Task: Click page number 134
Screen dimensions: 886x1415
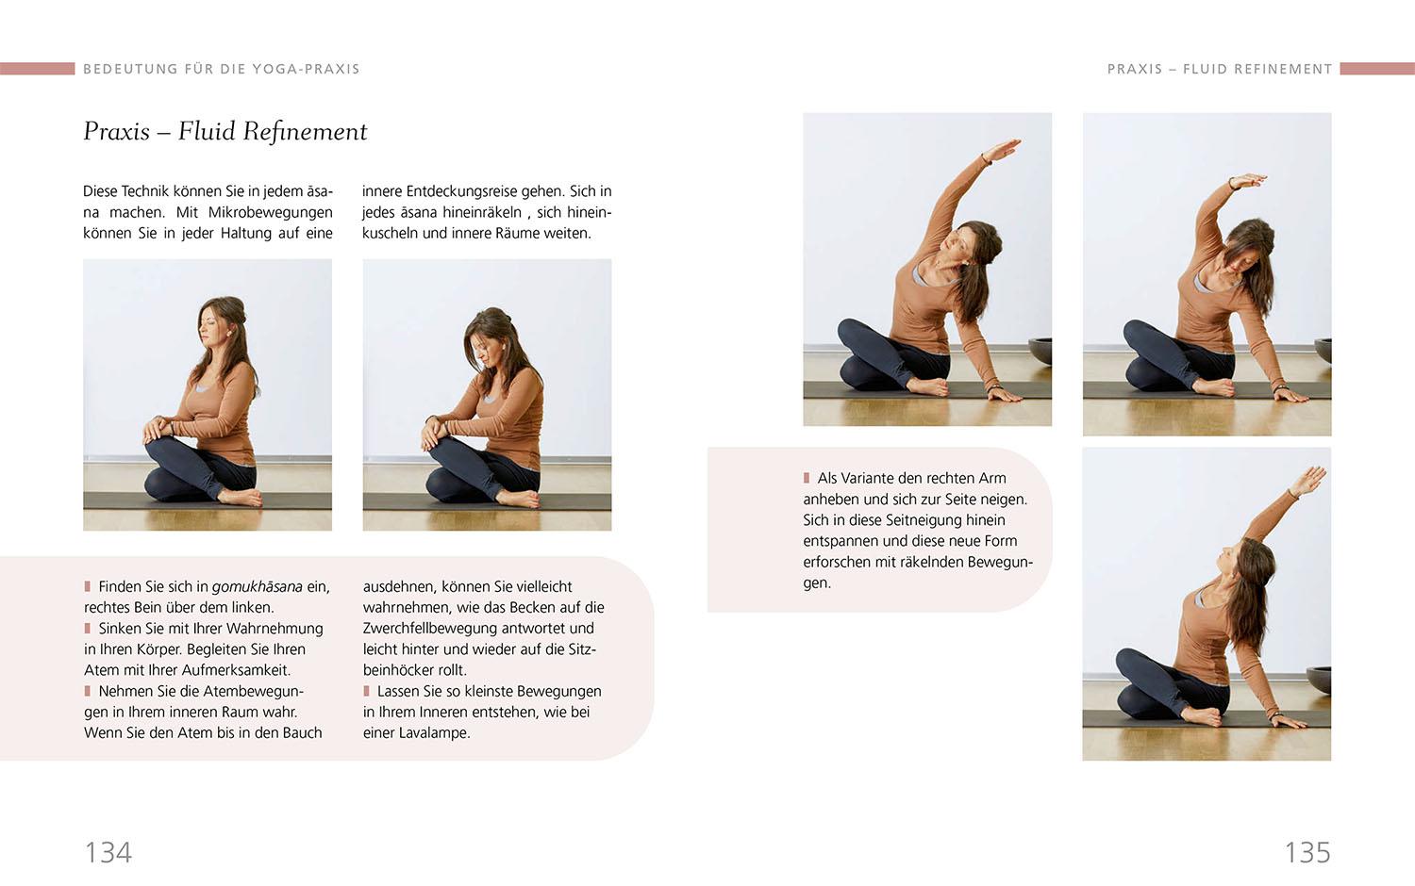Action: click(x=108, y=852)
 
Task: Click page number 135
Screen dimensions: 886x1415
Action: click(x=1307, y=852)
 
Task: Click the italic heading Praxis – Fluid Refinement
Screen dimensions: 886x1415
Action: click(x=225, y=131)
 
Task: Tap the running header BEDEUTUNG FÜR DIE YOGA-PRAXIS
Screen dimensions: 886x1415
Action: click(x=222, y=69)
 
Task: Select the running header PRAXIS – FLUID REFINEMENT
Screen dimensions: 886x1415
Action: click(x=1219, y=69)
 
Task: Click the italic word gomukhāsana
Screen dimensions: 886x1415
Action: click(x=257, y=586)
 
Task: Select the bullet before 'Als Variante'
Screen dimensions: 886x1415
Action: click(x=807, y=478)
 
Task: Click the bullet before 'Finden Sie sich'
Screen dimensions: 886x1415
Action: click(x=88, y=586)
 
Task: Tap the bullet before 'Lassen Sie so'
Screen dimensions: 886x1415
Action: click(x=367, y=691)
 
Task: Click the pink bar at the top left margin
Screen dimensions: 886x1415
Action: click(x=37, y=69)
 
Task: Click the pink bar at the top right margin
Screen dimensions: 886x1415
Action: click(x=1377, y=69)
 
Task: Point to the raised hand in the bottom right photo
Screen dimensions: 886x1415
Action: click(x=1309, y=480)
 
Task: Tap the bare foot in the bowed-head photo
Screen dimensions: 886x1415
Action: click(x=519, y=498)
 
